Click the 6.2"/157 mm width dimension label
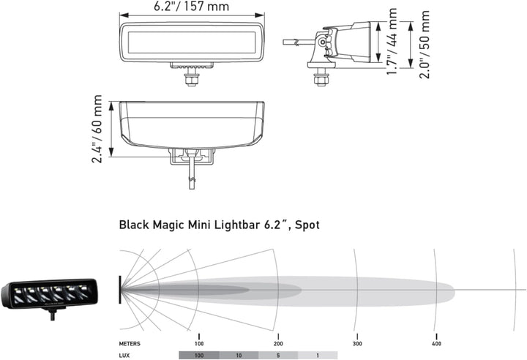pyautogui.click(x=192, y=7)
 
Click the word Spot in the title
pyautogui.click(x=304, y=225)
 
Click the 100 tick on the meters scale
pyautogui.click(x=198, y=343)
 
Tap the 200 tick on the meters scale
pyautogui.click(x=277, y=343)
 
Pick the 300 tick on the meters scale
pyautogui.click(x=357, y=343)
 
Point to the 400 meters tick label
pyautogui.click(x=436, y=343)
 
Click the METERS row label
pyautogui.click(x=131, y=343)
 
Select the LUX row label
pyautogui.click(x=125, y=354)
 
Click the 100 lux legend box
pyautogui.click(x=198, y=355)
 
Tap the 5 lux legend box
pyautogui.click(x=277, y=355)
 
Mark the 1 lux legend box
pyautogui.click(x=317, y=355)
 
